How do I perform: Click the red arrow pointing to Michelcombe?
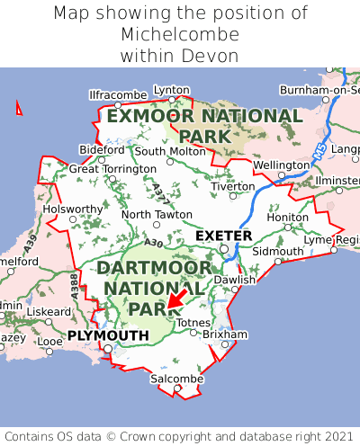pyautogui.click(x=177, y=299)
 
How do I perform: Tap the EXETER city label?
pyautogui.click(x=223, y=236)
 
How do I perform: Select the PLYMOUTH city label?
pyautogui.click(x=108, y=335)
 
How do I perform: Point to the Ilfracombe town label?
pyautogui.click(x=118, y=94)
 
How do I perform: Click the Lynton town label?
pyautogui.click(x=172, y=90)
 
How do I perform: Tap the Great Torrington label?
pyautogui.click(x=112, y=168)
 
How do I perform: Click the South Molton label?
pyautogui.click(x=170, y=151)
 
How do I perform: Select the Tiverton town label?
pyautogui.click(x=233, y=186)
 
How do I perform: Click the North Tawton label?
pyautogui.click(x=157, y=215)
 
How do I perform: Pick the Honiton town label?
pyautogui.click(x=288, y=217)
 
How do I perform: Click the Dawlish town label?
pyautogui.click(x=235, y=280)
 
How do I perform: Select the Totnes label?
pyautogui.click(x=193, y=322)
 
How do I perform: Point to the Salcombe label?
pyautogui.click(x=176, y=379)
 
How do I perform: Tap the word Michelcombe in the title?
pyautogui.click(x=180, y=35)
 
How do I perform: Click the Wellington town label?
pyautogui.click(x=281, y=165)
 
